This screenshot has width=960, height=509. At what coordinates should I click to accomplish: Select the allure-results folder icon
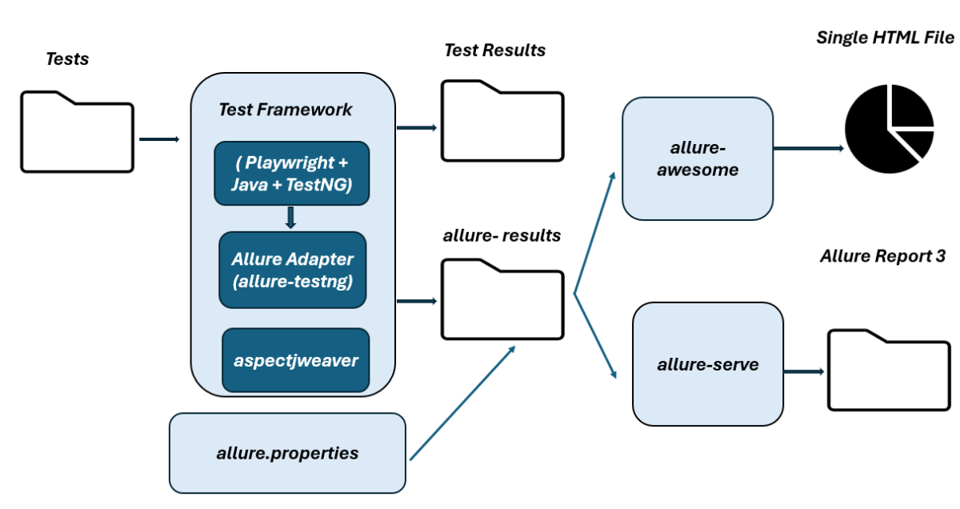click(502, 299)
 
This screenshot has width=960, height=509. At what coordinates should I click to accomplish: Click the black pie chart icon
click(889, 130)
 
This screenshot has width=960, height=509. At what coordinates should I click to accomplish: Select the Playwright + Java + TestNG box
click(292, 174)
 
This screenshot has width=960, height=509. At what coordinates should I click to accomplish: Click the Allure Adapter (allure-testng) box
click(292, 270)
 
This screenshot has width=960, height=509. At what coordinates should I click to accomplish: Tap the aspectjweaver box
click(295, 359)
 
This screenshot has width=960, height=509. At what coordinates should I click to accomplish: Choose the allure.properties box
click(287, 453)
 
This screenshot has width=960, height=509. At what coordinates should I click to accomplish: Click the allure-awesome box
click(697, 158)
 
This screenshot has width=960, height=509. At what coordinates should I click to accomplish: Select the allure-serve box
click(707, 366)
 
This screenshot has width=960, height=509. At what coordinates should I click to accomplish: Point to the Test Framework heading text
click(285, 110)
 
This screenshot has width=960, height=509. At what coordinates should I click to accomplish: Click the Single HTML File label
click(885, 38)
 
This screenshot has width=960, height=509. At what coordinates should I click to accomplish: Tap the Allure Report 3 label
click(882, 257)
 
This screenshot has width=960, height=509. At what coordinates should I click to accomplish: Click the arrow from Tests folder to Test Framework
click(158, 139)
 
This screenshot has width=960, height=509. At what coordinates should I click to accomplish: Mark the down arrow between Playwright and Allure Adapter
click(291, 218)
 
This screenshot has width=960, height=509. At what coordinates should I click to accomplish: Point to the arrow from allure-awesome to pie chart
click(808, 148)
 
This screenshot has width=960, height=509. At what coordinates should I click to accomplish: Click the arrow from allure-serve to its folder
click(803, 371)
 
